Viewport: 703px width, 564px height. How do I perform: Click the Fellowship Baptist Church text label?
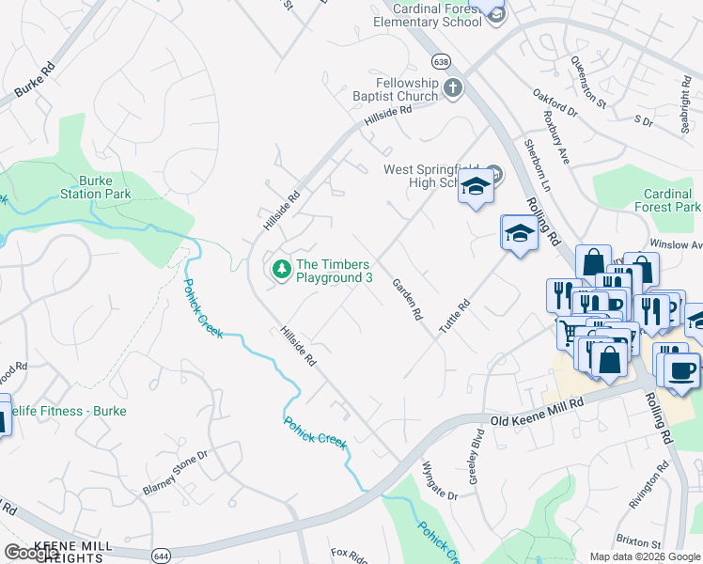click(394, 89)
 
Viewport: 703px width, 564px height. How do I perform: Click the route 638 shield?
click(440, 61)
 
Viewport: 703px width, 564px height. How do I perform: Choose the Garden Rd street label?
click(407, 301)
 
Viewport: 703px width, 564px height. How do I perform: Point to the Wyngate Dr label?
click(439, 481)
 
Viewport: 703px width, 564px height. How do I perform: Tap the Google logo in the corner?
click(31, 553)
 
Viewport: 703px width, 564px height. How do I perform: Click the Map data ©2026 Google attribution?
click(644, 556)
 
